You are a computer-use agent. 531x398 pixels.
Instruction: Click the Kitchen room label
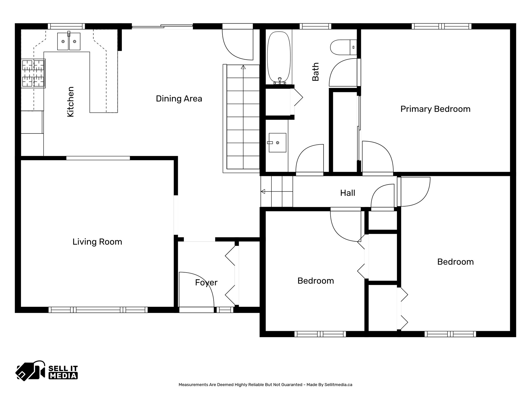[71, 102]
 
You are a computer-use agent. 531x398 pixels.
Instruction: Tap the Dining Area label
[179, 99]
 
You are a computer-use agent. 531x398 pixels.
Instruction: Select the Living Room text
[97, 242]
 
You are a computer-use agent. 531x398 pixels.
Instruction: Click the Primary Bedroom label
[435, 109]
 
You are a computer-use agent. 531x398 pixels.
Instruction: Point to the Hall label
[347, 193]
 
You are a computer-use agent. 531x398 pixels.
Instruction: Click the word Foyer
[206, 282]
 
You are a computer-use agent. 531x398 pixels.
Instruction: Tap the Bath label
[315, 72]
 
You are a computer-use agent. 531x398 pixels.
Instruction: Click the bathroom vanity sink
[277, 143]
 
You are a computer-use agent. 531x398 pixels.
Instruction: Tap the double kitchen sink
[69, 41]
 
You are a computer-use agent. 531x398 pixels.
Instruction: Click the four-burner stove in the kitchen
[33, 73]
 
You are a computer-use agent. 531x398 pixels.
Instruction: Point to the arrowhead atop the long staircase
[243, 67]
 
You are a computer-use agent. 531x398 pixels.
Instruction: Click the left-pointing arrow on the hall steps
[263, 191]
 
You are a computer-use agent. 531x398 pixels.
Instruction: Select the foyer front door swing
[196, 289]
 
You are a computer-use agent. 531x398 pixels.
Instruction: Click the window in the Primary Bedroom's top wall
[441, 26]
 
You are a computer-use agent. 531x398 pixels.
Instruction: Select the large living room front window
[98, 310]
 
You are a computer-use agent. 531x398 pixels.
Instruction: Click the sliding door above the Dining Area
[162, 26]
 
